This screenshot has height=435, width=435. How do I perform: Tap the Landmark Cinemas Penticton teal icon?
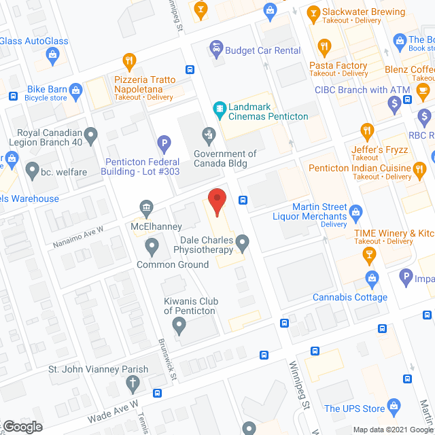pyautogui.click(x=220, y=107)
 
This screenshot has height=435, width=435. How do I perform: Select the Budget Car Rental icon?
pyautogui.click(x=216, y=47)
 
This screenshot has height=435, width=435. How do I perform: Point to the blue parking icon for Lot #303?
pyautogui.click(x=163, y=144)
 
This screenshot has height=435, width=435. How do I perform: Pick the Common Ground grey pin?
pyautogui.click(x=152, y=245)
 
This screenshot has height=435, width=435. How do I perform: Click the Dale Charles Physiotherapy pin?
pyautogui.click(x=241, y=241)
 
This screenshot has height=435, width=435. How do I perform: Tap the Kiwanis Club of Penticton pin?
pyautogui.click(x=179, y=326)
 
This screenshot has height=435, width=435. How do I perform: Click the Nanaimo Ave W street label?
pyautogui.click(x=77, y=237)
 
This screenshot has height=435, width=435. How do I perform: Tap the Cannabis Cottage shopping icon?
pyautogui.click(x=371, y=278)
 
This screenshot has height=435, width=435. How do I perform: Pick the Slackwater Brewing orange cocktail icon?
pyautogui.click(x=313, y=12)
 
